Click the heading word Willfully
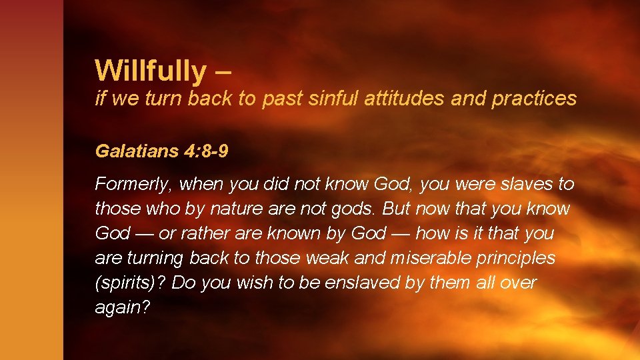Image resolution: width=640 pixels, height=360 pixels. (x=151, y=70)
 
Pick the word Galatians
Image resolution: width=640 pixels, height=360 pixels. (x=134, y=151)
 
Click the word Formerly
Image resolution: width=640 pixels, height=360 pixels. (x=133, y=183)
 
